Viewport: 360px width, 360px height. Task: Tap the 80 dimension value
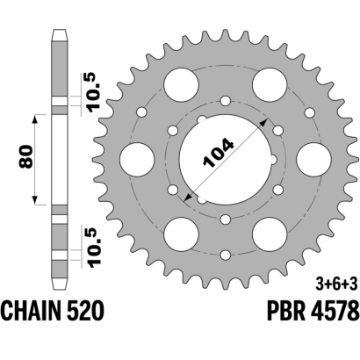25,156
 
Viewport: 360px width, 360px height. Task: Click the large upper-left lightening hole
181,85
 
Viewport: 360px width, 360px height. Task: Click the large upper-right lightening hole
270,85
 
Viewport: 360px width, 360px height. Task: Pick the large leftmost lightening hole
137,160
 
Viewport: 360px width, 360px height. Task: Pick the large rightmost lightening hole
313,160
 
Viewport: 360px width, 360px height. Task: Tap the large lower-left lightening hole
181,234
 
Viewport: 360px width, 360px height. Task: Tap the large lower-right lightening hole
270,234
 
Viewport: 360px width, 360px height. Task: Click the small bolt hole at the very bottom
226,255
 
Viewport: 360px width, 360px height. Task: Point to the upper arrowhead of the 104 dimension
264,122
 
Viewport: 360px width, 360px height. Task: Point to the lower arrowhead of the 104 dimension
188,198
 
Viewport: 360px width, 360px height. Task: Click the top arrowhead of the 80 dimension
35,119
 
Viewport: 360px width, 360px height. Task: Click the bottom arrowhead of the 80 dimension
35,200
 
